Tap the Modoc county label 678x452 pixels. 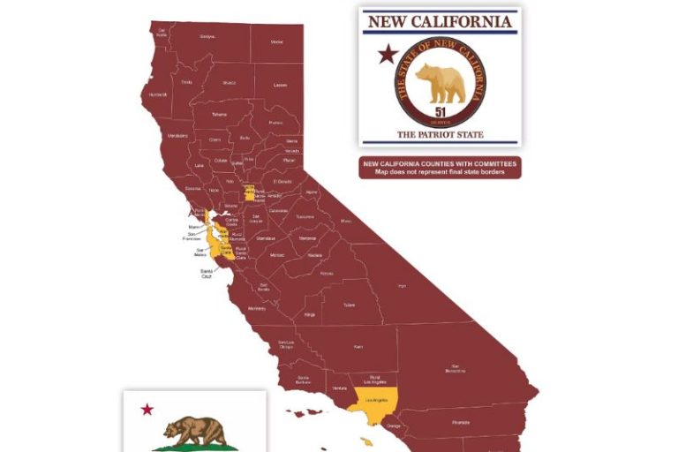[276, 41]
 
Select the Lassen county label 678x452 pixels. [280, 85]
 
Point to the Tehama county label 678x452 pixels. [218, 115]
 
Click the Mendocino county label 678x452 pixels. [177, 136]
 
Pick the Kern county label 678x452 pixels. [358, 347]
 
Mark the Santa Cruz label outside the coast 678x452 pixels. [206, 274]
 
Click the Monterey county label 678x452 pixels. [256, 308]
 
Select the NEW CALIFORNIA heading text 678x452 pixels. [439, 21]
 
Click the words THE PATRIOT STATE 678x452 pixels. [439, 135]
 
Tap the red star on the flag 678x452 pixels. [147, 409]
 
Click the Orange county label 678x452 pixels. [394, 426]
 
